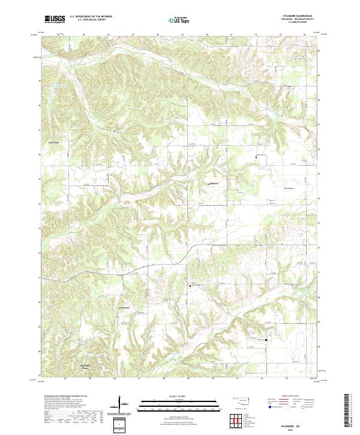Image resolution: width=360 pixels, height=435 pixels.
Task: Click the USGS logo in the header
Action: coord(55,19)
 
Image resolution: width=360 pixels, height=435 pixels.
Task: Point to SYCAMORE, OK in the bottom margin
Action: coord(298,427)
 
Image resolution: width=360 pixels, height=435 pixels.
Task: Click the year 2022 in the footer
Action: coord(298,430)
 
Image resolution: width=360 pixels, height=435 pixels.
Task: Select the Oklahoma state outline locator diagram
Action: coord(241,400)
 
